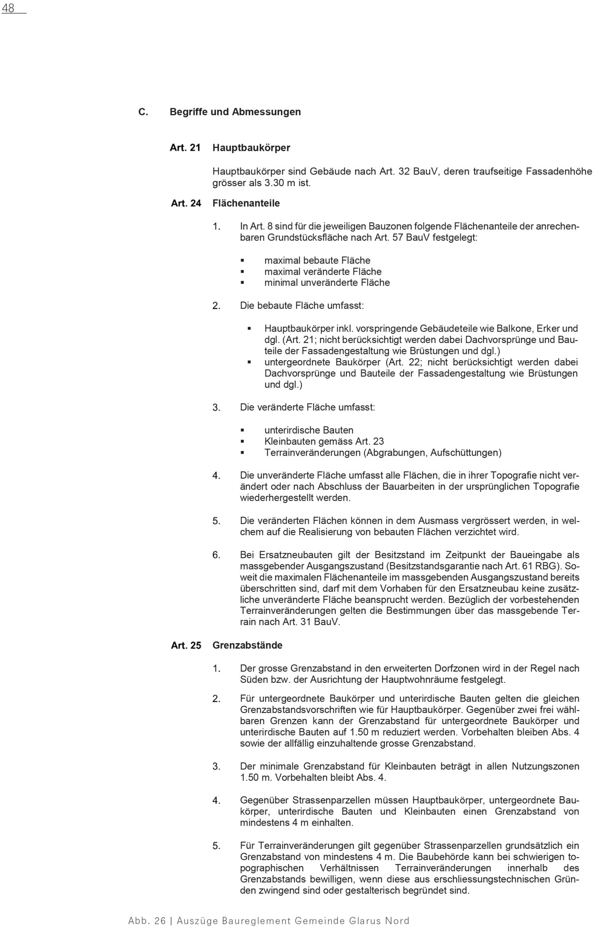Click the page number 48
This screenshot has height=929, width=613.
pos(8,8)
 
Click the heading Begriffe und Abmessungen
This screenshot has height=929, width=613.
pos(235,111)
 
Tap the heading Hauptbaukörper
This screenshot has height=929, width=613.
pos(251,148)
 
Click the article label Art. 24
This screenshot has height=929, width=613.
pos(186,203)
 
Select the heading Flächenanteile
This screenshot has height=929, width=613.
pos(246,203)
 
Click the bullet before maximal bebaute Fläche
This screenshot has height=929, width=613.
pos(242,260)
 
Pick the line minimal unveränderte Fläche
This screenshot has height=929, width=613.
pos(327,283)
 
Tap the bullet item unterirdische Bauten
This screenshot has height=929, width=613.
pos(309,430)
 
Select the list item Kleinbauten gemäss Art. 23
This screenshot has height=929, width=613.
pos(324,441)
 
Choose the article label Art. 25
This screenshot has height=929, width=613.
pos(186,646)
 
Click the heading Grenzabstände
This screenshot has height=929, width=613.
pos(247,645)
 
